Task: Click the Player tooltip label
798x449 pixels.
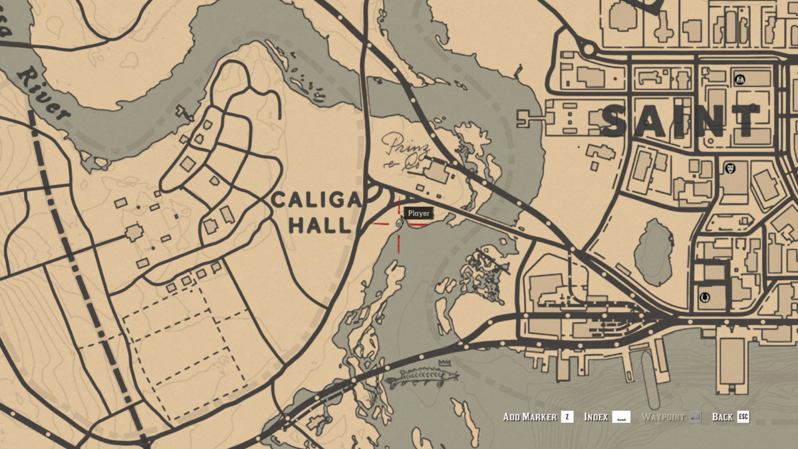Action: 419,214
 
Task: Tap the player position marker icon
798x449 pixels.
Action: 398,224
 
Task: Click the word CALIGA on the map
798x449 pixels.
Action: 317,199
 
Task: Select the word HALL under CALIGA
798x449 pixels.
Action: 319,225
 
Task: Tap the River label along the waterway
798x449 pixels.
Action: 43,93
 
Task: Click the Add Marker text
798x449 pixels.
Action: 529,417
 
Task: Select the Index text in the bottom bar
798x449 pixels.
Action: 596,417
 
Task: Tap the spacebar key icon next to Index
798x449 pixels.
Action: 622,417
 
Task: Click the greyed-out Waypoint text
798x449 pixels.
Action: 662,417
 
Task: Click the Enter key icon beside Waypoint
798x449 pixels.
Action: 695,417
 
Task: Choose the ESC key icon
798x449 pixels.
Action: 743,417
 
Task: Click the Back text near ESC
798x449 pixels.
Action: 722,417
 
